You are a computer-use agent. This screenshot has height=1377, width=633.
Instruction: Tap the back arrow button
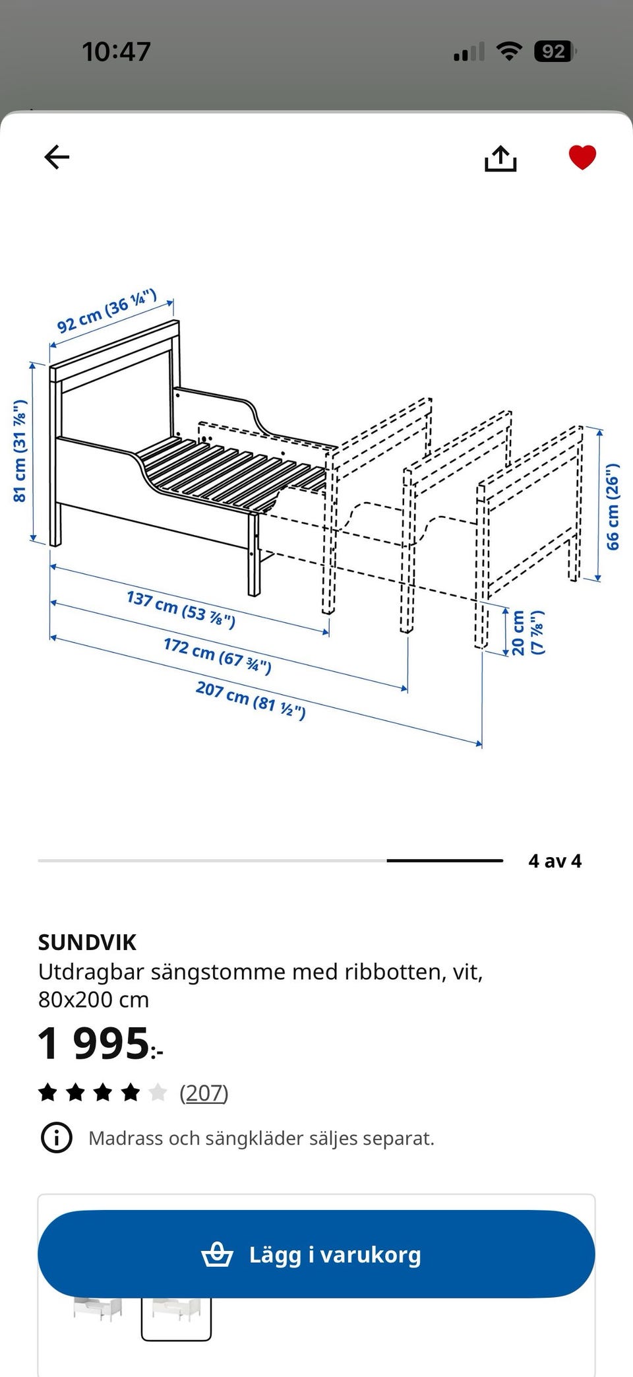tap(57, 157)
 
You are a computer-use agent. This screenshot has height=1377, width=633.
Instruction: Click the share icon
tap(500, 158)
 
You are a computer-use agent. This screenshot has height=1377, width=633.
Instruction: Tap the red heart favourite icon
tap(582, 157)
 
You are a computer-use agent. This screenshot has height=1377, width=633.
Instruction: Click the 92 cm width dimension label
tap(107, 311)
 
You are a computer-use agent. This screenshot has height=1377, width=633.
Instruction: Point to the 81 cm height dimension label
tap(20, 451)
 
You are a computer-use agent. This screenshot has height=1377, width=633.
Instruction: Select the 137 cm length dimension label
tap(181, 609)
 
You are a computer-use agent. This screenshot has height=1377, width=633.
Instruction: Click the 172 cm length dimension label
tap(217, 655)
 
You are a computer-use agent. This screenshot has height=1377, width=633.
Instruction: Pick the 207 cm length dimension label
tap(251, 700)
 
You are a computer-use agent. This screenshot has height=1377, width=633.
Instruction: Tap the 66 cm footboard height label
tap(613, 506)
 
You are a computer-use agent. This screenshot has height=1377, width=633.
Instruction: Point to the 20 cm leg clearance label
tap(527, 633)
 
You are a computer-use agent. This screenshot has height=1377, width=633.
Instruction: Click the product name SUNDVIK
tap(87, 942)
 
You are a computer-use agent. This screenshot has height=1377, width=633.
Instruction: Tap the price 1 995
tap(99, 1044)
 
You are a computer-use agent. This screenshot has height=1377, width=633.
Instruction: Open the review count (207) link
tap(204, 1093)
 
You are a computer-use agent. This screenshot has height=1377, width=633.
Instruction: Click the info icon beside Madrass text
tap(57, 1137)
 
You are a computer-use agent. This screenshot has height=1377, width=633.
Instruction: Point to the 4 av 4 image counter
tap(555, 861)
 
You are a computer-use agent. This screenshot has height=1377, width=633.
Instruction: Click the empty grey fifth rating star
tap(158, 1093)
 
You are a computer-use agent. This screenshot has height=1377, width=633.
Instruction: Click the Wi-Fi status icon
tap(508, 51)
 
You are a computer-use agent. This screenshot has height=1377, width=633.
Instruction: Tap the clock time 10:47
tap(116, 51)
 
